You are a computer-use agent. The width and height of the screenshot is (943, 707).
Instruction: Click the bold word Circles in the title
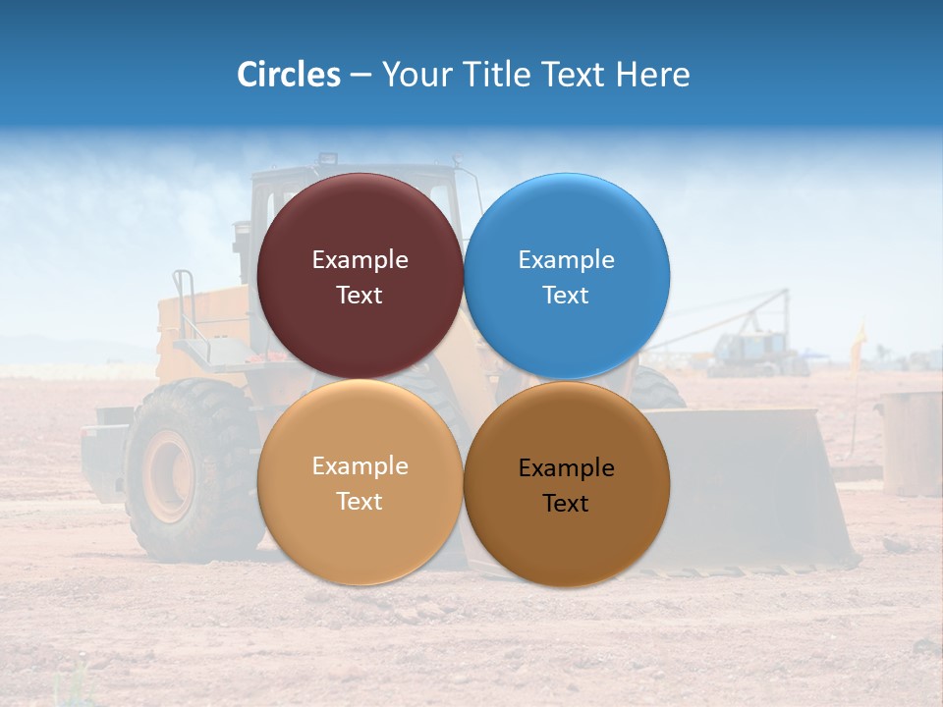click(x=288, y=75)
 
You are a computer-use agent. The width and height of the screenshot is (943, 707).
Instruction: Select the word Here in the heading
click(x=653, y=75)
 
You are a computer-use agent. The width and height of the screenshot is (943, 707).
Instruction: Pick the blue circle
click(x=567, y=226)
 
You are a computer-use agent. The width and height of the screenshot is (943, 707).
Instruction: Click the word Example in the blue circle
click(x=567, y=260)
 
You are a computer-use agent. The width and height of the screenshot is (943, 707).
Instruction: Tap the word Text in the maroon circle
click(x=360, y=296)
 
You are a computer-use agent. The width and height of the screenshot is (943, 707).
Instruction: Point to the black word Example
click(x=567, y=468)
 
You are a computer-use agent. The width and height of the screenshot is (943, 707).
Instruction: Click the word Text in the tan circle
click(x=360, y=502)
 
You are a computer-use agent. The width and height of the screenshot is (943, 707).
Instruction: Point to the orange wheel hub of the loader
click(x=169, y=474)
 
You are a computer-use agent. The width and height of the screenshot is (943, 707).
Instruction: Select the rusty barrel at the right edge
click(x=911, y=442)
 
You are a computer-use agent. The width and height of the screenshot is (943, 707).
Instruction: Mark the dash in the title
click(x=361, y=76)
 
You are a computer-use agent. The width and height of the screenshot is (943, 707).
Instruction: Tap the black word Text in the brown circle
click(x=566, y=504)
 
